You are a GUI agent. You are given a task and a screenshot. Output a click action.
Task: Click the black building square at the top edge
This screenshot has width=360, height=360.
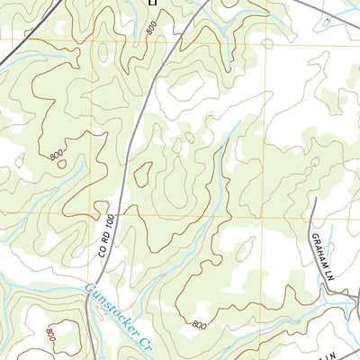pos(152,3)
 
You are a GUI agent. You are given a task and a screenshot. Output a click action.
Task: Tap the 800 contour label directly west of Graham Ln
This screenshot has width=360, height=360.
pos(199,322)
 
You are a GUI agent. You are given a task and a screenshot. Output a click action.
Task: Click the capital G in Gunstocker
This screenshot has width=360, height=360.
pos(89,290)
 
